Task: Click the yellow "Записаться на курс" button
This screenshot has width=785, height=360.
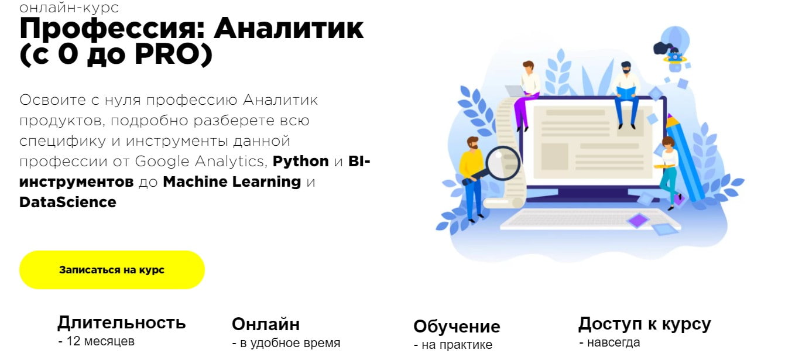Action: coord(112,270)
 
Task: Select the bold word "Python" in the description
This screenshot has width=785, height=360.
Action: coord(301,161)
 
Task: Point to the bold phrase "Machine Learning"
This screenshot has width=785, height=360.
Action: coord(232,181)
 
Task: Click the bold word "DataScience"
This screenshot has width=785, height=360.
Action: coord(68,203)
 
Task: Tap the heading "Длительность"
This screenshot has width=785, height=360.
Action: coord(122,323)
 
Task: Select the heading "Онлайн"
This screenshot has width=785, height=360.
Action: coord(266,324)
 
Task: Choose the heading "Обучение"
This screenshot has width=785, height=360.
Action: coord(457,326)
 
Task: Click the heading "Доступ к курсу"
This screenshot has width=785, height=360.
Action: coord(645,324)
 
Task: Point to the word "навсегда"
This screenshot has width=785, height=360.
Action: coord(613,342)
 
